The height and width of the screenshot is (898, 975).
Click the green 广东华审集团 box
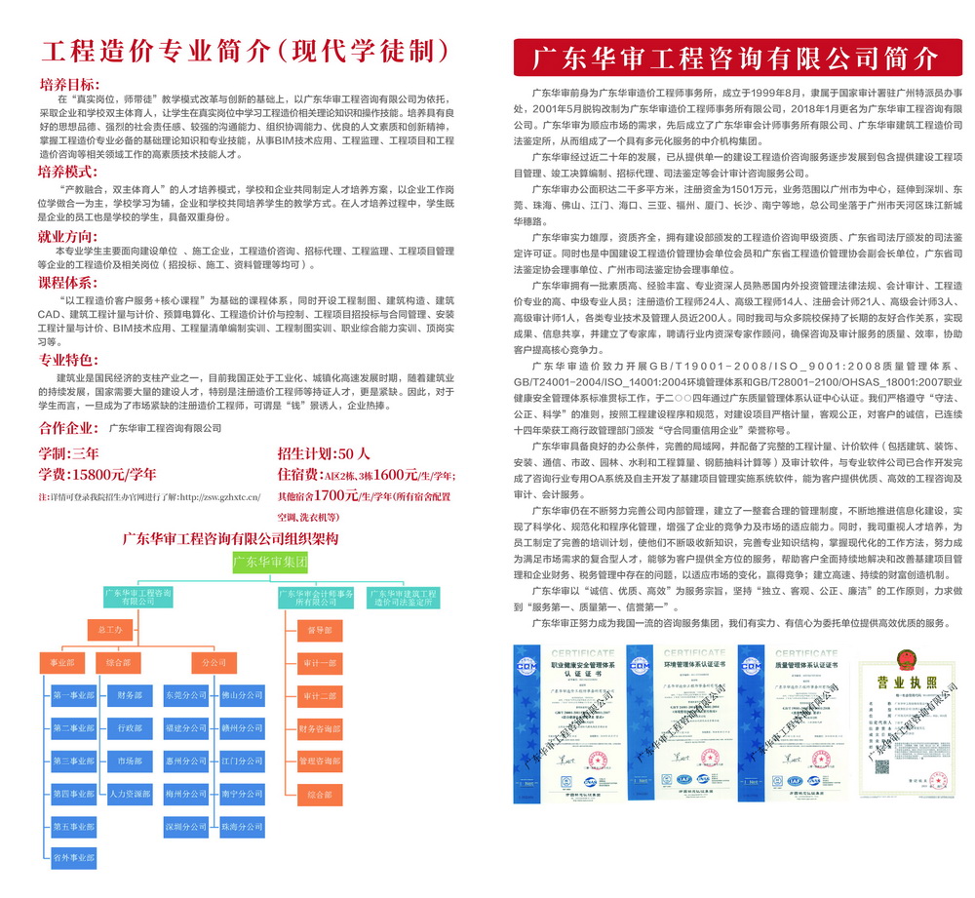click(x=270, y=562)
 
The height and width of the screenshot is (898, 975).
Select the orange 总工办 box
click(x=110, y=630)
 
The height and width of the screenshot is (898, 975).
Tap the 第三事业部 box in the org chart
click(x=74, y=761)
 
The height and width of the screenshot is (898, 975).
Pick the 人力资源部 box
click(x=130, y=793)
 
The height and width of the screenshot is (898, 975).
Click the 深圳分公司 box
click(x=186, y=827)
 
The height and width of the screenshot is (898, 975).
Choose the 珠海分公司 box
click(x=242, y=827)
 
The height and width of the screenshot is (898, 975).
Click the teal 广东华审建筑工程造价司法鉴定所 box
click(x=402, y=598)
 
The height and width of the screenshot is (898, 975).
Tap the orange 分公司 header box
click(x=214, y=663)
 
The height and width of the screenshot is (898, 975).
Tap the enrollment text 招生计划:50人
click(x=324, y=453)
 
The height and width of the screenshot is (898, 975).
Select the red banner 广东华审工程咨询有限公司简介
click(x=735, y=58)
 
